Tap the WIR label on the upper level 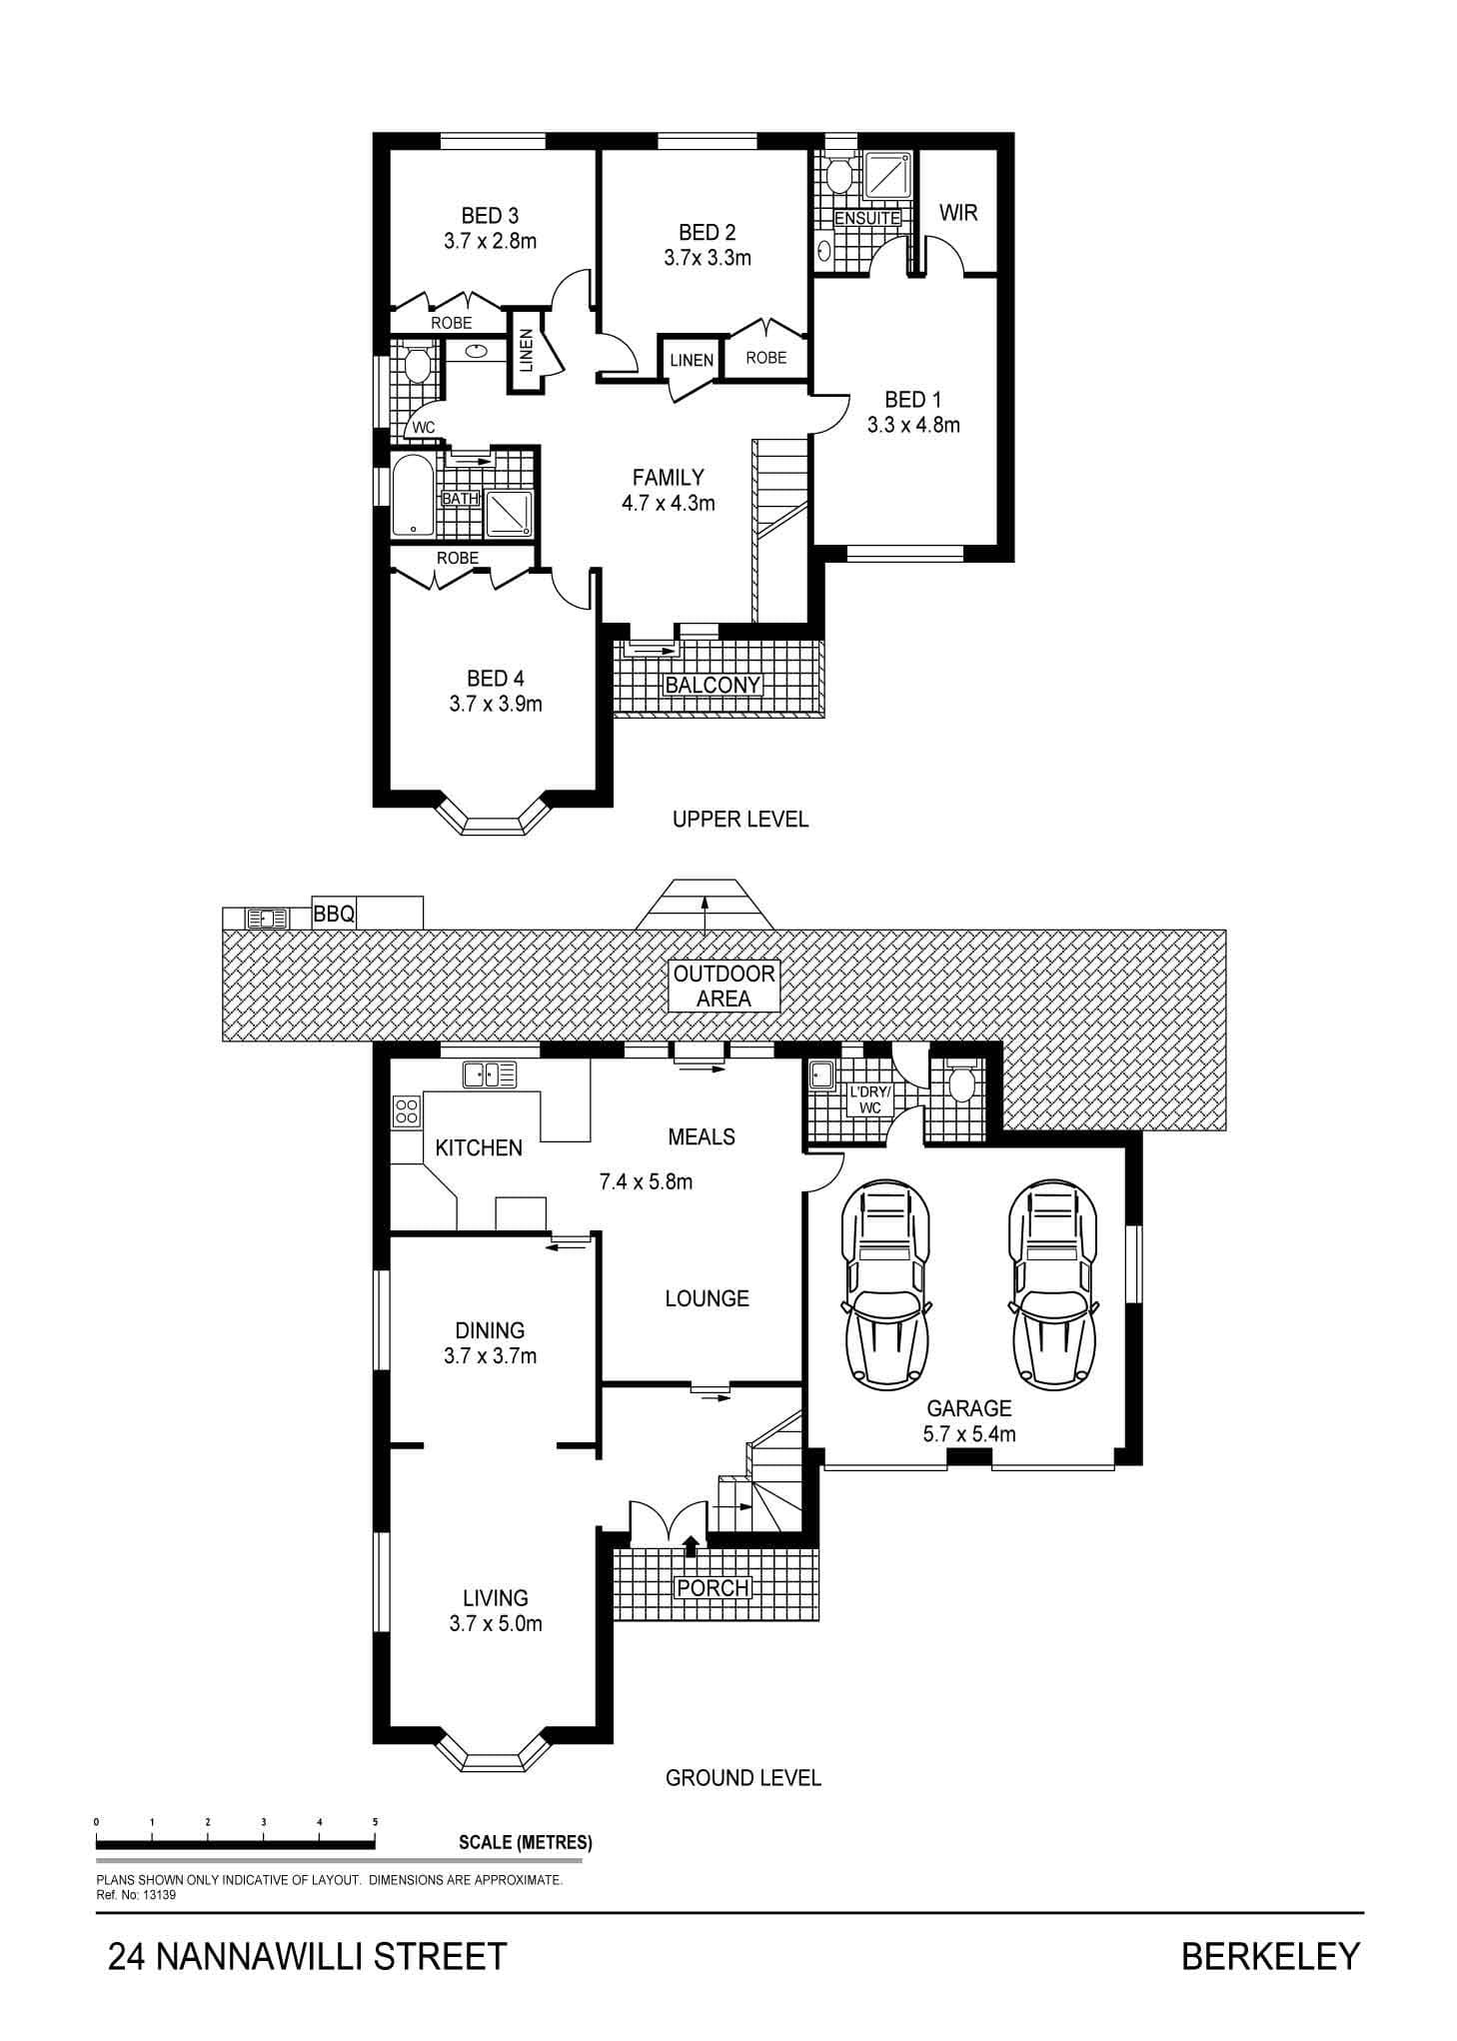point(958,212)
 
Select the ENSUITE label point(867,218)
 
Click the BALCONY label point(713,685)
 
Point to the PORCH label point(713,1587)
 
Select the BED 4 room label point(496,680)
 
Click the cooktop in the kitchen point(407,1111)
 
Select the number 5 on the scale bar point(376,1821)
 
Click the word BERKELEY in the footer point(1271,1955)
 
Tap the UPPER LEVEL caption point(740,820)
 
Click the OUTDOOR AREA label point(725,986)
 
